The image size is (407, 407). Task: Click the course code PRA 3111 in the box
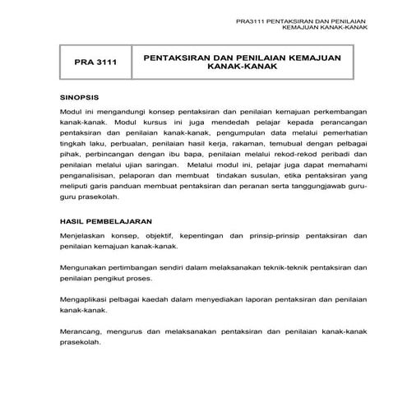[x=92, y=62]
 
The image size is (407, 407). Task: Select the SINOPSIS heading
[x=80, y=96]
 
